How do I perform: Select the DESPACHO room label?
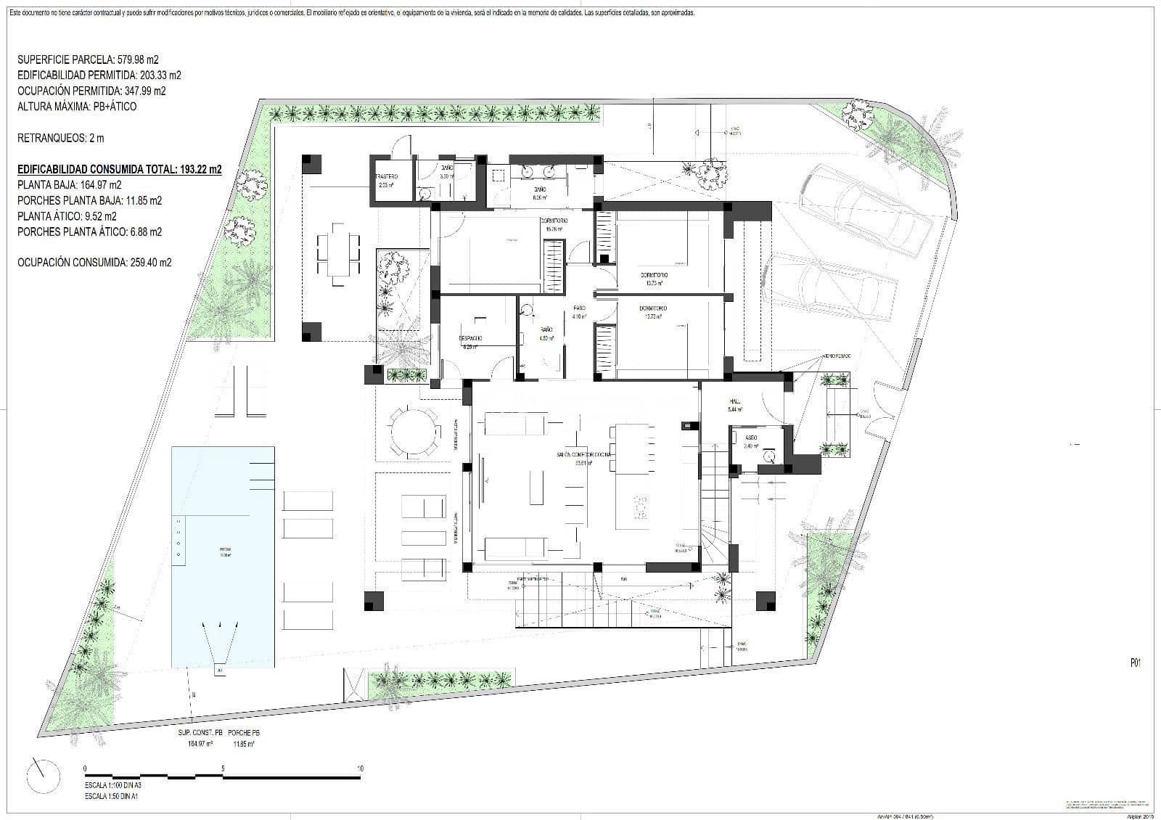[x=469, y=339]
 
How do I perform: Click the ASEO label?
[x=751, y=438]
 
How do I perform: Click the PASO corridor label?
[x=579, y=308]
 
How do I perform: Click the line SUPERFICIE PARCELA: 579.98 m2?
[x=87, y=60]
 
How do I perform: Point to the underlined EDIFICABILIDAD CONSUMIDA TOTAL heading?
[x=119, y=169]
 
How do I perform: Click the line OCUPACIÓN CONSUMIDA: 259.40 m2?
[x=94, y=263]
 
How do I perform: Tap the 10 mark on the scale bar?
[x=360, y=768]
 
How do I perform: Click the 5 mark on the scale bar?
[x=223, y=768]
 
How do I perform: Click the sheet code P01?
[x=1136, y=663]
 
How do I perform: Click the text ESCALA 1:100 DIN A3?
[x=123, y=785]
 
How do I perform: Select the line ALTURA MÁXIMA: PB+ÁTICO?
[x=77, y=107]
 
